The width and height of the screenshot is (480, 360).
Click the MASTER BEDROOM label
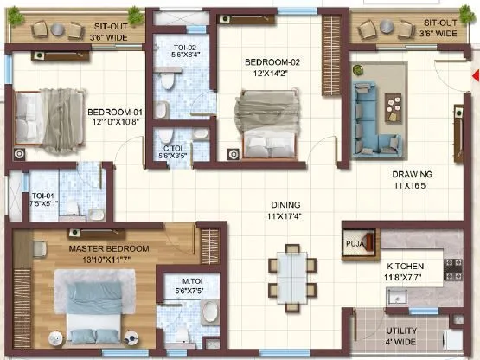coord(109,248)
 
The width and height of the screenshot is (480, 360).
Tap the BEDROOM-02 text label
coord(272,62)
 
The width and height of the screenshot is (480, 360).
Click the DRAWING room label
coord(413,174)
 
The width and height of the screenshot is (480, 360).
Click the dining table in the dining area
coord(285,273)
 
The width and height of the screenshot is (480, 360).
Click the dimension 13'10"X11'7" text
coord(109,259)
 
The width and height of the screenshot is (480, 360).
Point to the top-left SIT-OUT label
coord(112,27)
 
